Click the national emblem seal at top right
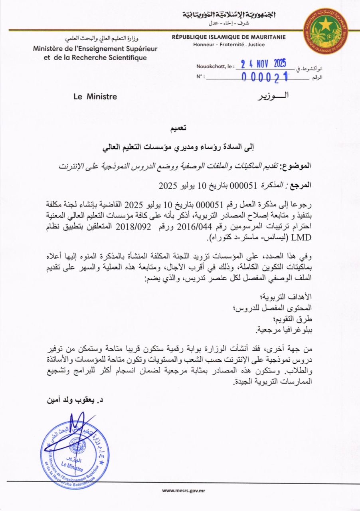click(325, 32)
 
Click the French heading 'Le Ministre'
click(95, 96)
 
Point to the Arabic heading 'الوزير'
click(271, 96)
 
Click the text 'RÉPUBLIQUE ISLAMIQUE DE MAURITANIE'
click(229, 37)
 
